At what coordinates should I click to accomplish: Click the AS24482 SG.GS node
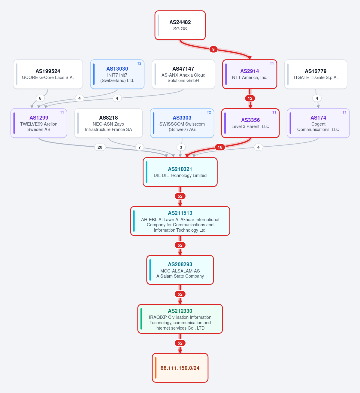[180, 25]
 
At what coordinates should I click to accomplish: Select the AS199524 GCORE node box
[48, 74]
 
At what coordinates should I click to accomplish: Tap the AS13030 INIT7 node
[117, 74]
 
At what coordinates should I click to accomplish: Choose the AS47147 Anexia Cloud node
[183, 74]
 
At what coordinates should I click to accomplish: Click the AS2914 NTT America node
[250, 74]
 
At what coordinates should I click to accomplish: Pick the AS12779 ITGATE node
[316, 74]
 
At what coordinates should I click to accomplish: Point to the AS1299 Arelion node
[39, 123]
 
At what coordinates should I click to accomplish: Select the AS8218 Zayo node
[108, 123]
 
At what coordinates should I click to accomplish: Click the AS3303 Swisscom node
[182, 123]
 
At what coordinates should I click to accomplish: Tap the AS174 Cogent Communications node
[318, 123]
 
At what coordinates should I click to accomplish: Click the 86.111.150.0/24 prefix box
[180, 368]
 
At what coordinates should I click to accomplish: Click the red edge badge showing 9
[213, 49]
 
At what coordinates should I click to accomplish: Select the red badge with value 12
[250, 98]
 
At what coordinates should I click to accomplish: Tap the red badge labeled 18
[220, 147]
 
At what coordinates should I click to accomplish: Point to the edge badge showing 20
[100, 147]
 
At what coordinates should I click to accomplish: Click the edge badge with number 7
[139, 147]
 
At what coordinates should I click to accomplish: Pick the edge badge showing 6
[40, 98]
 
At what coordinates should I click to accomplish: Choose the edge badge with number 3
[181, 147]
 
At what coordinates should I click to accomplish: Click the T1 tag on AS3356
[274, 112]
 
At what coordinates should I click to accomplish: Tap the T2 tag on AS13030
[139, 63]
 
